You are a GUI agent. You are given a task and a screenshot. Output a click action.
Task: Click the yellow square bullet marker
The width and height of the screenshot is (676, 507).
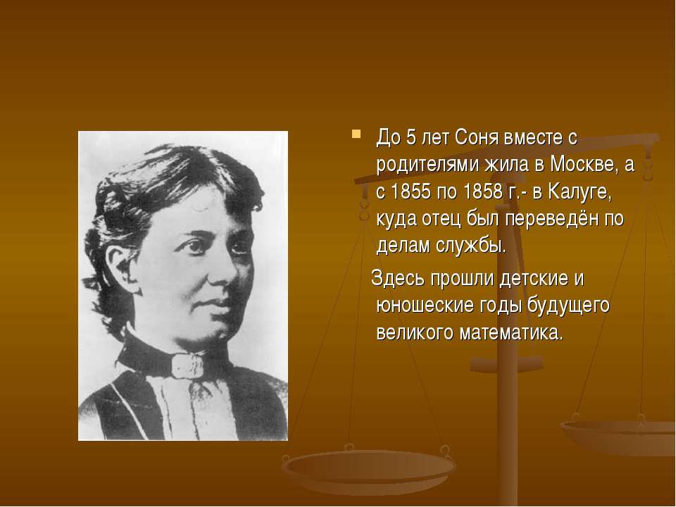[356, 134]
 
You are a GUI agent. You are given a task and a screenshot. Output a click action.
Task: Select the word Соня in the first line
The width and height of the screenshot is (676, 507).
[477, 138]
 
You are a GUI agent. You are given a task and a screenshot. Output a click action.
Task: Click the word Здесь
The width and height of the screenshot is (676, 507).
[397, 280]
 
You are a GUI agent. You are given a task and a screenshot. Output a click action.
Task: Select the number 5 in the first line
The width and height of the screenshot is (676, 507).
[411, 138]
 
